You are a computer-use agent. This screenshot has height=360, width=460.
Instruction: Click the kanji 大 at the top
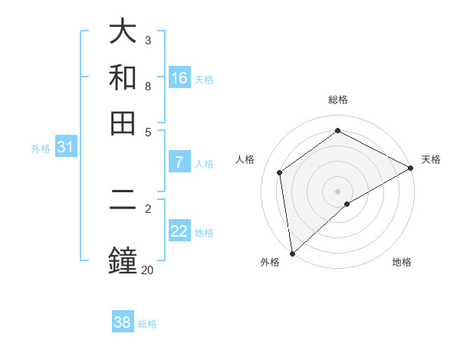point(123,32)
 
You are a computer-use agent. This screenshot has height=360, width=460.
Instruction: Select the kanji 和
point(123,78)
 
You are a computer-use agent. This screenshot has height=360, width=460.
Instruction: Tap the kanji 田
point(123,123)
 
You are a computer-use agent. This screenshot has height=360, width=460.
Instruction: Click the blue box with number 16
point(179,78)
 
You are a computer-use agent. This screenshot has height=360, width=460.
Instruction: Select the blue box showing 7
point(179,162)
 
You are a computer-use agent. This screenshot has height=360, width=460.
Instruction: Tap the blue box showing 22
point(179,231)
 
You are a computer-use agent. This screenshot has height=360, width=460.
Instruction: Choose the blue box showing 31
point(65,147)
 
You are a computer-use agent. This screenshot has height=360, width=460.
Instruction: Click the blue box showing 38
point(123,322)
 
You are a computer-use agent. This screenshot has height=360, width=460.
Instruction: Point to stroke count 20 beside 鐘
point(147,270)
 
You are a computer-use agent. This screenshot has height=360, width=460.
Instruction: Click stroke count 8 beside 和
point(148,86)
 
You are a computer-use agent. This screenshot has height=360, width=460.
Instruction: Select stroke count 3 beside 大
point(148,40)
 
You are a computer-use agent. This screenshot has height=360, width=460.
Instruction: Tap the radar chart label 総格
point(338,100)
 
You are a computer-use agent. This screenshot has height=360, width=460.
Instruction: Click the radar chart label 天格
point(431,159)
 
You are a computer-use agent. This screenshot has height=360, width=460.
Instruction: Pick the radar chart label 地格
point(402,263)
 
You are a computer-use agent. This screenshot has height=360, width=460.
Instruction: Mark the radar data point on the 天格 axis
point(411,168)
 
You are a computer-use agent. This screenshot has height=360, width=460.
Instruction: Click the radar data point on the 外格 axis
point(292,254)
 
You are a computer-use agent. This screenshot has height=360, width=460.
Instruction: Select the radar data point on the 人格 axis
point(280,172)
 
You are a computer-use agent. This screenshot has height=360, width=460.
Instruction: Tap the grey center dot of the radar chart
point(338,191)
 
